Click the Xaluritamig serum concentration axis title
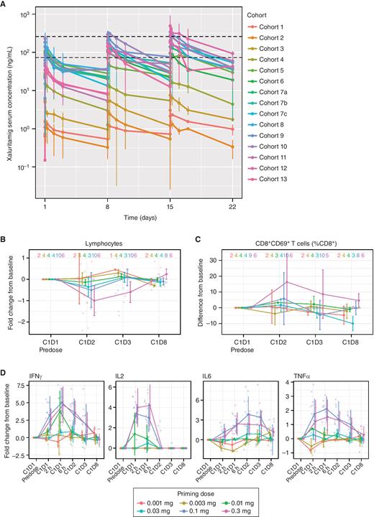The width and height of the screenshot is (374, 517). point(10,104)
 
